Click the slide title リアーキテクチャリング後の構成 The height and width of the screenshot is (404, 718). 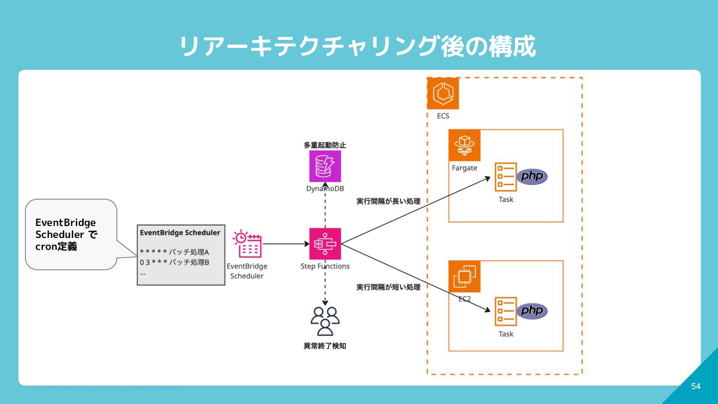357,47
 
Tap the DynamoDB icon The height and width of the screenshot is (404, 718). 325,166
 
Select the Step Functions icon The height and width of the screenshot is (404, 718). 325,244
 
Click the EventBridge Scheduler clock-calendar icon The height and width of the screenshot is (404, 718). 247,244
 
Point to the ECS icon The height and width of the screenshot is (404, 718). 443,93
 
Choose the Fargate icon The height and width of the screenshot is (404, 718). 464,145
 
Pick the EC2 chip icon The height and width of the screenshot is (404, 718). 464,276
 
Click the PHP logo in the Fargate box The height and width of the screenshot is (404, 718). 532,177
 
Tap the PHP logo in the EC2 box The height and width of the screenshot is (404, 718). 532,311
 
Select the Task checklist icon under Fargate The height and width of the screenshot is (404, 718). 506,177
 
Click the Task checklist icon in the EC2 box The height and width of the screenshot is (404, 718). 506,311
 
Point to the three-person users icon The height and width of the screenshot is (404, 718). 325,321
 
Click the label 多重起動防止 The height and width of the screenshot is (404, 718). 325,145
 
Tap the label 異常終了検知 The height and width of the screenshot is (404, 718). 325,346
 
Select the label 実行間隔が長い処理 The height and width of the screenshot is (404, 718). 388,202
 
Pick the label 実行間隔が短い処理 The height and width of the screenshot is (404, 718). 388,287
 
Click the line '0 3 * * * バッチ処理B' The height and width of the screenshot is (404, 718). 175,262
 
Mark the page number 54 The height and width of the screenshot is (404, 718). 696,386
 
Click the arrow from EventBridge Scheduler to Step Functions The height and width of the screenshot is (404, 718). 285,244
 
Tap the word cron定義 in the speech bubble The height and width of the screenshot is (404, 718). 56,246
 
